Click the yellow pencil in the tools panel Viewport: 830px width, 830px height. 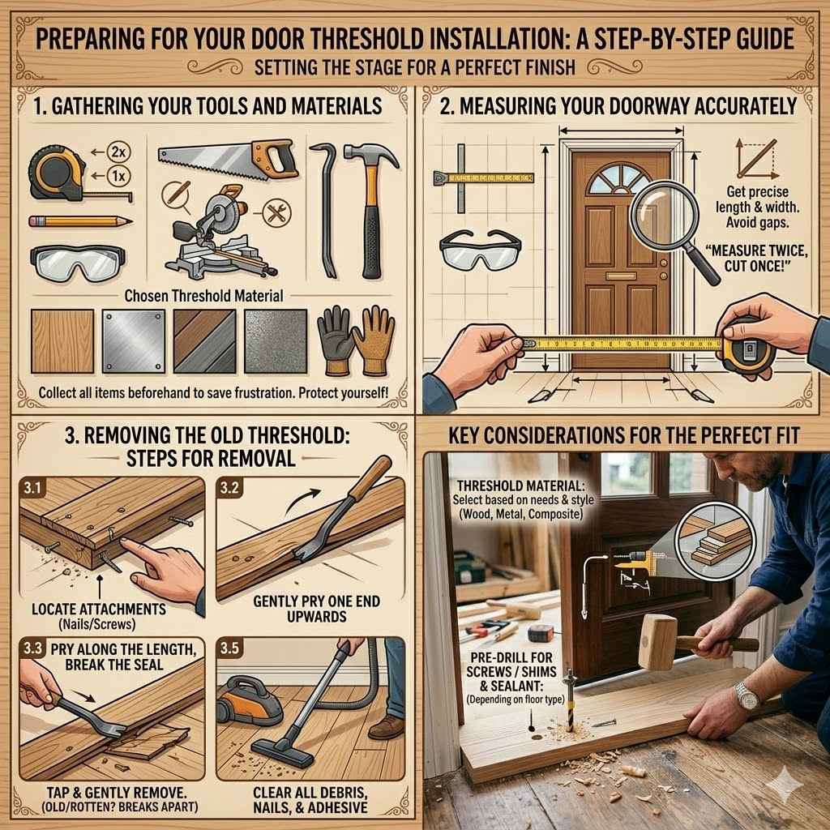(x=79, y=220)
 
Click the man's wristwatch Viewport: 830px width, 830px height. (x=746, y=694)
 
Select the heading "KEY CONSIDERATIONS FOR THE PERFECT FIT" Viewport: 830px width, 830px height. (x=624, y=437)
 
